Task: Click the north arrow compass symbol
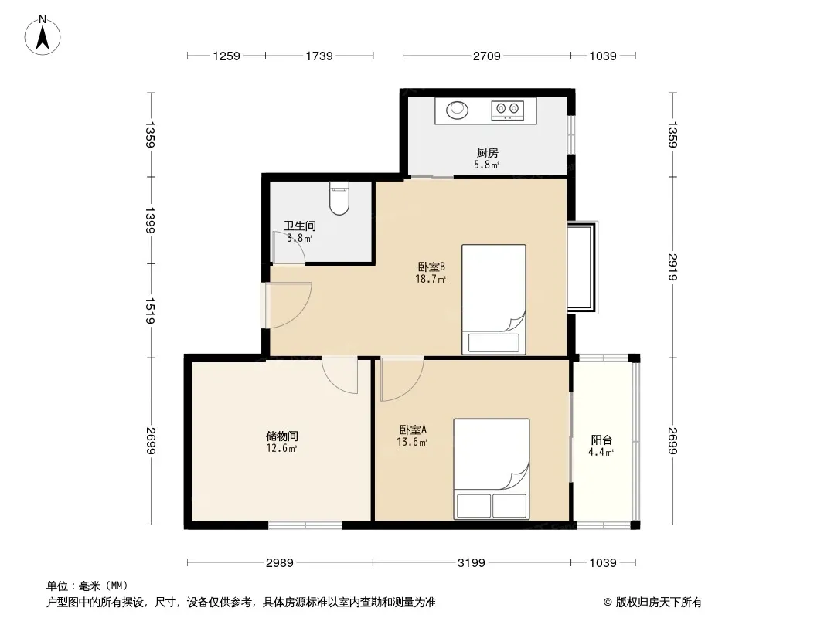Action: pos(43,36)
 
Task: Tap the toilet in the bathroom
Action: pos(339,198)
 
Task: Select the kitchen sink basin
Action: pos(457,110)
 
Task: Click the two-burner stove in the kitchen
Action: pos(508,110)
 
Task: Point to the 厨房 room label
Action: pos(487,152)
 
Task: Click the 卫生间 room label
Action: pos(300,226)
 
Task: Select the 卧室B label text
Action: pos(431,267)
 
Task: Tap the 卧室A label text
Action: pos(413,430)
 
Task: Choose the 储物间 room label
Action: pos(281,436)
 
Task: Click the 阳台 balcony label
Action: pos(601,440)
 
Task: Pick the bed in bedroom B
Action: pos(493,299)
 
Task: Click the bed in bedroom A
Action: pos(492,469)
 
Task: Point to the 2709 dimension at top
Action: pos(487,56)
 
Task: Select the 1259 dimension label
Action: pos(226,56)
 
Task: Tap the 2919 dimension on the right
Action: pos(672,267)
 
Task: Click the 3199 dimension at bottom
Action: pos(471,563)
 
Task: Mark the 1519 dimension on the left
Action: pos(150,311)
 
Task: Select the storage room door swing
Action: pos(339,375)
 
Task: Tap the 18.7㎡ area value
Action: pos(431,279)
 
